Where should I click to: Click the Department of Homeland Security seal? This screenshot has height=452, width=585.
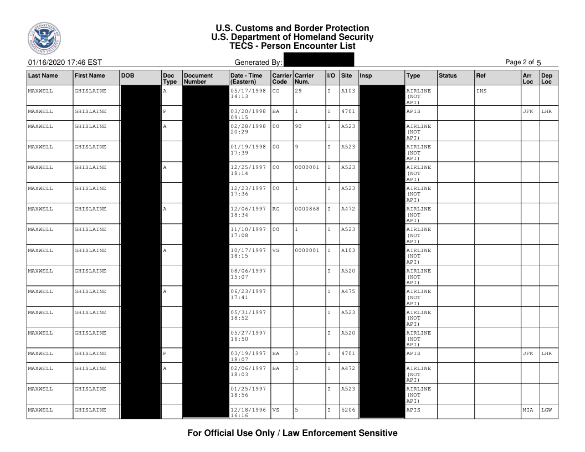pyautogui.click(x=44, y=37)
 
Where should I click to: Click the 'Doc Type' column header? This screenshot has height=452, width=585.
pyautogui.click(x=170, y=78)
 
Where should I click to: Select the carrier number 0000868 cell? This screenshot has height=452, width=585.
pyautogui.click(x=307, y=209)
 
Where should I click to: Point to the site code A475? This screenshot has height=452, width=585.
pyautogui.click(x=347, y=291)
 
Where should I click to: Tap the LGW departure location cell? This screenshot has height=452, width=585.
pyautogui.click(x=548, y=410)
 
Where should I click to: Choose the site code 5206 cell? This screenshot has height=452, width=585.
pyautogui.click(x=347, y=410)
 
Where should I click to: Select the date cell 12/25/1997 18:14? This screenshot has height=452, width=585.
pyautogui.click(x=248, y=171)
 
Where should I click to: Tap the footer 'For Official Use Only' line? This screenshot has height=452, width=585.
pyautogui.click(x=292, y=433)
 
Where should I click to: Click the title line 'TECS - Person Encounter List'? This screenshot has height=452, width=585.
pyautogui.click(x=292, y=46)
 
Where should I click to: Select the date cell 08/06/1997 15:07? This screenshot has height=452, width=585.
pyautogui.click(x=248, y=274)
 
